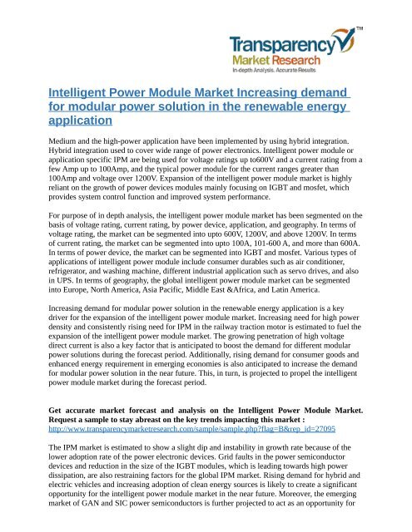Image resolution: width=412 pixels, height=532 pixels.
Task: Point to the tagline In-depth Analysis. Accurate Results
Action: pos(324,72)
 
